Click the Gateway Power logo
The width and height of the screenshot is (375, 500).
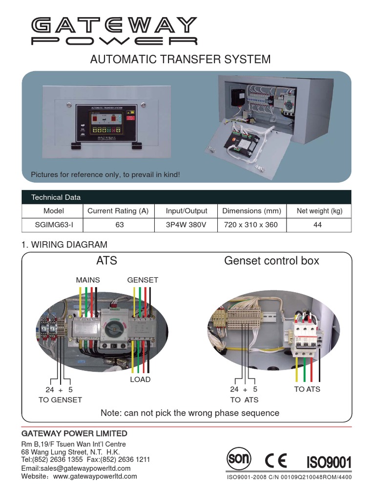coord(114,31)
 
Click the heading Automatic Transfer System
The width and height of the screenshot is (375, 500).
coord(180,60)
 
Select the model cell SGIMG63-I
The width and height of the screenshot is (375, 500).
coord(54,225)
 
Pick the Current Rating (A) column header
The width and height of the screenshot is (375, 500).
coord(118,211)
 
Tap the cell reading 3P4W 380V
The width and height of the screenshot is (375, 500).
coord(186,225)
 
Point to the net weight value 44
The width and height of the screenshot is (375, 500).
coord(318,225)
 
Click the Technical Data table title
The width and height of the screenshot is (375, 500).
coord(56,197)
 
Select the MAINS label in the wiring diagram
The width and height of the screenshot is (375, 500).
coord(88,280)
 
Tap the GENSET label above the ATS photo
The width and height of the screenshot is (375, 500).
coord(143,280)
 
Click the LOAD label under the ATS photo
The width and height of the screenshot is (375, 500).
coord(140,379)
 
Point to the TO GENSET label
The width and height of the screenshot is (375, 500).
coord(60,399)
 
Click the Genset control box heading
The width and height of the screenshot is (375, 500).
coord(271,261)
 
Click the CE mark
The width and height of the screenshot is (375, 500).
coord(276,460)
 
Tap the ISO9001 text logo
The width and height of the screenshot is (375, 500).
coord(328,462)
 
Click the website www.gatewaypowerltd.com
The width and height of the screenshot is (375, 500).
coord(95,476)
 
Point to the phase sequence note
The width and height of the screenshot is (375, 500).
coord(189,413)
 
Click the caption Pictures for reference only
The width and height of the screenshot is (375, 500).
coord(105,174)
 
